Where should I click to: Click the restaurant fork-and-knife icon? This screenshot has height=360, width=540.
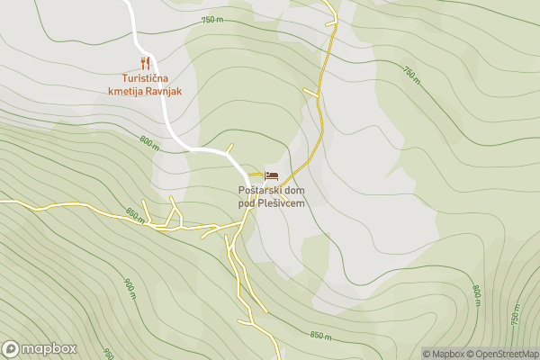pos(145,63)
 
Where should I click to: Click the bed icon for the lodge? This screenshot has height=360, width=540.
pos(271,175)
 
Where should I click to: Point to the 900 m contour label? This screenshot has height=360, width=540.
pos(128,287)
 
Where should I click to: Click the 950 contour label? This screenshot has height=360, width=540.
pos(107,354)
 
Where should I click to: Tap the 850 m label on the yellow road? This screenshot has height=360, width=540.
pos(134,217)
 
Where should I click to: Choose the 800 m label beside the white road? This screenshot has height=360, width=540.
pos(149,143)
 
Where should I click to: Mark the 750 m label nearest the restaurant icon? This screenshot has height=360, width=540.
pos(211,20)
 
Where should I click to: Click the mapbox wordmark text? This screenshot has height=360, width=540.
pos(49,349)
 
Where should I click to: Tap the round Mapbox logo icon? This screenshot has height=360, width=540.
pos(11,349)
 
